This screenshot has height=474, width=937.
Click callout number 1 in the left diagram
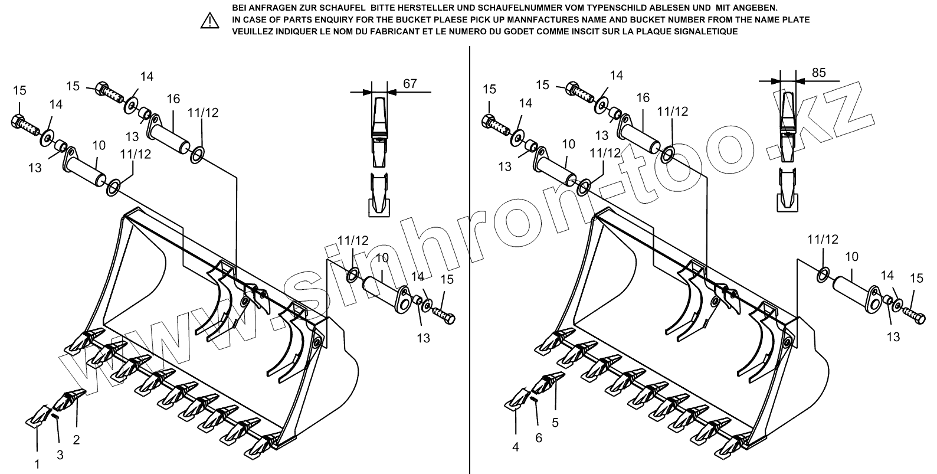pyautogui.click(x=37, y=464)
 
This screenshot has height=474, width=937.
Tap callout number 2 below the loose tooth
pyautogui.click(x=76, y=439)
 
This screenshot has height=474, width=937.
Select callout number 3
pyautogui.click(x=60, y=455)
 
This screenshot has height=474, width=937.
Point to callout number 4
pyautogui.click(x=516, y=447)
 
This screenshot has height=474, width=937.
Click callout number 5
pyautogui.click(x=555, y=423)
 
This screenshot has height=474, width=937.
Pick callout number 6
pyautogui.click(x=538, y=438)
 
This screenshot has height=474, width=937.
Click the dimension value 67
pyautogui.click(x=409, y=83)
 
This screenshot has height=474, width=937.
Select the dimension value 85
pyautogui.click(x=818, y=73)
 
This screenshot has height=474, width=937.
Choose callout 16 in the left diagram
pyautogui.click(x=173, y=99)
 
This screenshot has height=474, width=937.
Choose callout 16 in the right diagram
pyautogui.click(x=643, y=98)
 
